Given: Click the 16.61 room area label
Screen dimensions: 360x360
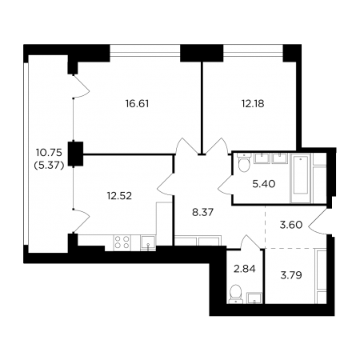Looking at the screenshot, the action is [137, 103].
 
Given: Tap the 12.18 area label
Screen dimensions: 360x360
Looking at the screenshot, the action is [253, 103].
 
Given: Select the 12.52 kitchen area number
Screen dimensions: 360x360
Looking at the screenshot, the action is [119, 196].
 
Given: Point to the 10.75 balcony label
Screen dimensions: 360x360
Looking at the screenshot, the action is [49, 153].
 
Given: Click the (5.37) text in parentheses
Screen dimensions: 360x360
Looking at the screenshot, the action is [49, 166].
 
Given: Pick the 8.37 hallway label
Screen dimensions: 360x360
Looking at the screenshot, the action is [202, 212].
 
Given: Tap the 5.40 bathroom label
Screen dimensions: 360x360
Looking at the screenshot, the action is [264, 184].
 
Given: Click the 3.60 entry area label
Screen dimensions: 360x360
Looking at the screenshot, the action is [291, 225].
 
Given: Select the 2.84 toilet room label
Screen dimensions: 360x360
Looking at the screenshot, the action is [245, 269].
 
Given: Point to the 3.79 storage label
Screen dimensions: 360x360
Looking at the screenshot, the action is [291, 275].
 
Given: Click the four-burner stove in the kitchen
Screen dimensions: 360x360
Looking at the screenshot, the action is [122, 242].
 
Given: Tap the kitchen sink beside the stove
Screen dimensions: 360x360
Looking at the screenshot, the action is [148, 242].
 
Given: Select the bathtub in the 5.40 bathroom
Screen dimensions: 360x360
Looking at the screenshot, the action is [301, 178].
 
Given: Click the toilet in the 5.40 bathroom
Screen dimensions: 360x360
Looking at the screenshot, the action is [243, 162].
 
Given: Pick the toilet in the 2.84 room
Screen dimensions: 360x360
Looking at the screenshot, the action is [236, 294].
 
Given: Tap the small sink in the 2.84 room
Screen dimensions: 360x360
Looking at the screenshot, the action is [254, 298].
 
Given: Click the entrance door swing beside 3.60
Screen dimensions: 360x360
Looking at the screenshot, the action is [318, 222].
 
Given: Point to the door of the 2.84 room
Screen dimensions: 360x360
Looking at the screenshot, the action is [250, 242].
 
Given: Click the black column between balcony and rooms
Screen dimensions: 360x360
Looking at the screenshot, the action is [75, 154].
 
